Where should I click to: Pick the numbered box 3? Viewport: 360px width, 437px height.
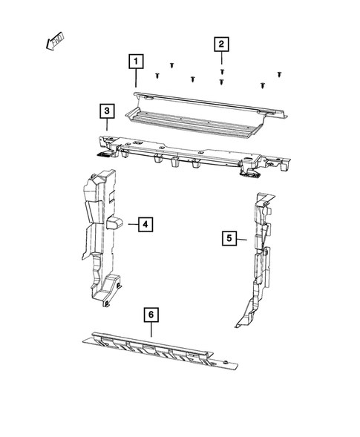tap(108, 112)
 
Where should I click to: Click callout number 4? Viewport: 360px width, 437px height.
tap(145, 223)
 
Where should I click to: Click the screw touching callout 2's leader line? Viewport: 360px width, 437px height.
tap(222, 71)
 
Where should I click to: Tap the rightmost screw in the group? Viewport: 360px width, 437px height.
tap(279, 74)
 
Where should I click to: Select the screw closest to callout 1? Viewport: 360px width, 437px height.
tap(157, 75)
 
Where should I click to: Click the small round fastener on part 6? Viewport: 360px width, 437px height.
tap(223, 359)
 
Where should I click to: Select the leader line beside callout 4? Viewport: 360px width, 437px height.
tap(130, 223)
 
